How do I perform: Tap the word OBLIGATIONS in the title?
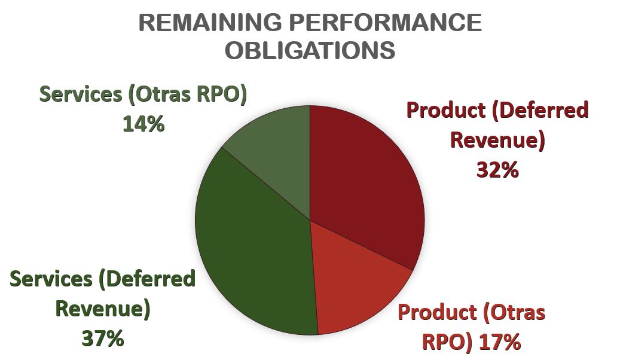(x=310, y=50)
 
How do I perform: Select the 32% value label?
(x=497, y=170)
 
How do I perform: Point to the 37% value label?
(x=102, y=338)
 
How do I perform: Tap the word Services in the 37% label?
(x=48, y=279)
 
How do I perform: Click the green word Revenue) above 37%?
(x=102, y=309)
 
